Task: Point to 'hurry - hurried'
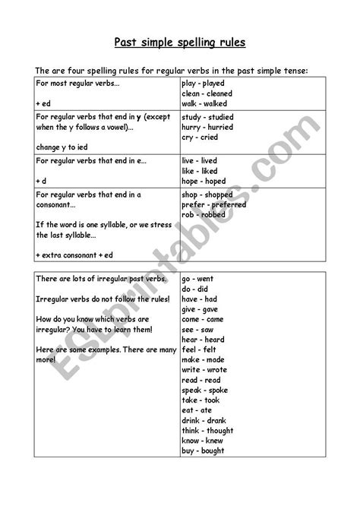[207, 128]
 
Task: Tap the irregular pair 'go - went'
[200, 280]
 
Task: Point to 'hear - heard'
[204, 339]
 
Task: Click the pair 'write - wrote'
[204, 368]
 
